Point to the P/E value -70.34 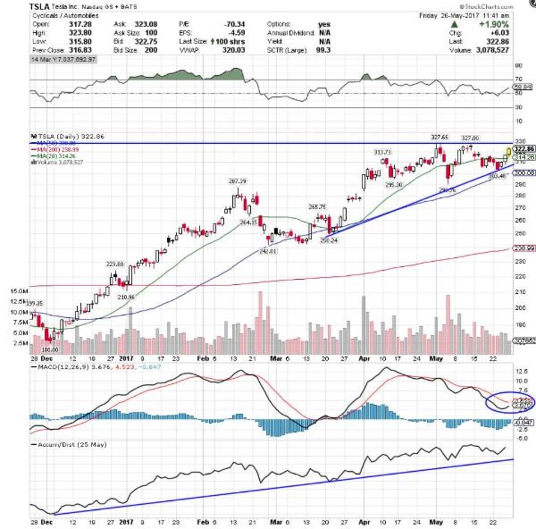(x=235, y=24)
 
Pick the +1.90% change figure (x=494, y=25)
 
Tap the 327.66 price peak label (x=440, y=137)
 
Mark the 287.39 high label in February (x=237, y=181)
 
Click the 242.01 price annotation (x=268, y=252)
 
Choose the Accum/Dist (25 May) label (x=72, y=445)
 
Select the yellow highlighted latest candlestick (x=508, y=153)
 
